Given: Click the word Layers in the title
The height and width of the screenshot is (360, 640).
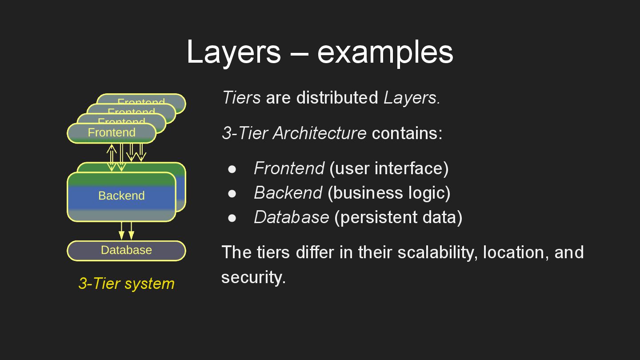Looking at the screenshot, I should pos(233,52).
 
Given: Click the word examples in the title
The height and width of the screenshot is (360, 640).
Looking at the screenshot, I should pos(385,52).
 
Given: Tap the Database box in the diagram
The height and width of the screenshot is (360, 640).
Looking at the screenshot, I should pos(126,250).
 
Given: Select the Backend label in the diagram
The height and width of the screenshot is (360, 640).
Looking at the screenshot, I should pos(121,196).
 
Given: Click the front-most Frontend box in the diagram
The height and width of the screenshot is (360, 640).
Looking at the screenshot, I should pos(112,133).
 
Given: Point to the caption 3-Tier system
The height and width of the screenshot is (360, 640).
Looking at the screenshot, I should pos(126,284).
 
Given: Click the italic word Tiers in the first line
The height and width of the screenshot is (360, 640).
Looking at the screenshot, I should pos(241,97).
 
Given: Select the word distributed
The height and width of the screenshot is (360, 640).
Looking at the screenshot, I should pos(337,97).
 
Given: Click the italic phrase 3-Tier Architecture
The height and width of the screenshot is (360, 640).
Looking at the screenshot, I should pos(294,133).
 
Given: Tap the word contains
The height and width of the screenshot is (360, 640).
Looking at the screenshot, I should pos(407,133).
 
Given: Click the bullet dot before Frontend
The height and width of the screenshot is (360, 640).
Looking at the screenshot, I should pos(232,169).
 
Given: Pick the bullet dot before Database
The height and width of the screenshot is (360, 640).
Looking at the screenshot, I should pos(232,218).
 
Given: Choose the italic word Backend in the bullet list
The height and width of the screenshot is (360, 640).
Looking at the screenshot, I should pos(288,193).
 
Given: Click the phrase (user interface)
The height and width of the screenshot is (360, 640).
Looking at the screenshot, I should pos(389,168).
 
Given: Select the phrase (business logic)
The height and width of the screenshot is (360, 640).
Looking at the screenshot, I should pos(389,193).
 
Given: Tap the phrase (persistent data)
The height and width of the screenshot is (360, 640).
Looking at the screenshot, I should pos(398,217).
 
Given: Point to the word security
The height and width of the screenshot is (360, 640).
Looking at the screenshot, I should pos(253,277).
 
